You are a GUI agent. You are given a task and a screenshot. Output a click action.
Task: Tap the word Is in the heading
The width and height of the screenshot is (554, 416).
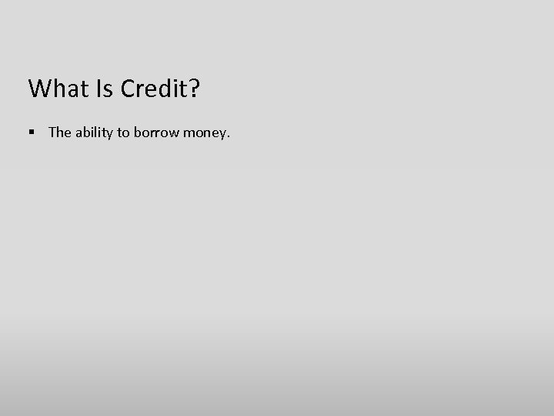click(106, 89)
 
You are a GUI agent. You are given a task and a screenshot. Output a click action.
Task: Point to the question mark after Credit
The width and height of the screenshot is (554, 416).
click(193, 89)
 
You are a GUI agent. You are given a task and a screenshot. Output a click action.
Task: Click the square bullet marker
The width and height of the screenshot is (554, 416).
click(32, 133)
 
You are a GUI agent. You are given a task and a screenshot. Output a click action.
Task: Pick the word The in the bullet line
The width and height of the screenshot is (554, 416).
click(59, 133)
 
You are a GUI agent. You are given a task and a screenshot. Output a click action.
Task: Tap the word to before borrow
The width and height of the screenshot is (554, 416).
click(124, 133)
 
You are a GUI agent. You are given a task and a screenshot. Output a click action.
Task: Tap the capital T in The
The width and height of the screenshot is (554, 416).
click(52, 133)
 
